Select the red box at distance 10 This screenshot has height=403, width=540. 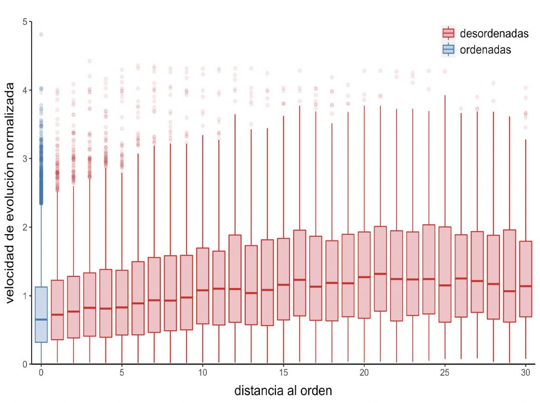click(x=202, y=285)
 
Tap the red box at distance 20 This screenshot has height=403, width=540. click(x=364, y=275)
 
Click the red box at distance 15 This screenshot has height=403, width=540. click(x=283, y=279)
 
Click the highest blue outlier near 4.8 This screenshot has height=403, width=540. click(x=41, y=35)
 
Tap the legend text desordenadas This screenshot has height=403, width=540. click(x=494, y=34)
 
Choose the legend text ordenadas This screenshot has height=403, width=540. click(x=485, y=50)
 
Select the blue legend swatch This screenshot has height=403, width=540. click(x=448, y=50)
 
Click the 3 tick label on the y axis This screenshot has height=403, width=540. click(x=26, y=159)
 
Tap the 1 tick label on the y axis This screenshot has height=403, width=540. click(x=26, y=296)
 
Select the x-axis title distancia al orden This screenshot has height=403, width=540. click(x=283, y=391)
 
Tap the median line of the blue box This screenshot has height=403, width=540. click(x=41, y=319)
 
